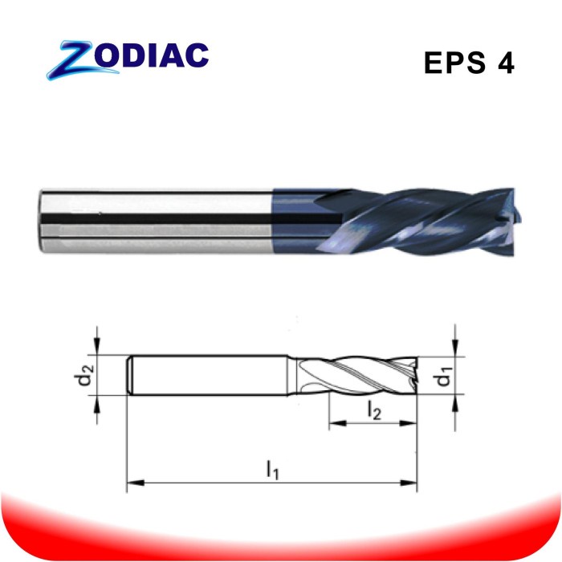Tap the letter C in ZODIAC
pyautogui.click(x=198, y=55)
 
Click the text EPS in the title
pyautogui.click(x=451, y=63)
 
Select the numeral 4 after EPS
pyautogui.click(x=505, y=63)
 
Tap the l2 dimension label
pyautogui.click(x=374, y=410)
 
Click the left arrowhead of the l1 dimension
pyautogui.click(x=133, y=483)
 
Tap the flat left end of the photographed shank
pyautogui.click(x=42, y=217)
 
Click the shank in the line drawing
pyautogui.click(x=209, y=375)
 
